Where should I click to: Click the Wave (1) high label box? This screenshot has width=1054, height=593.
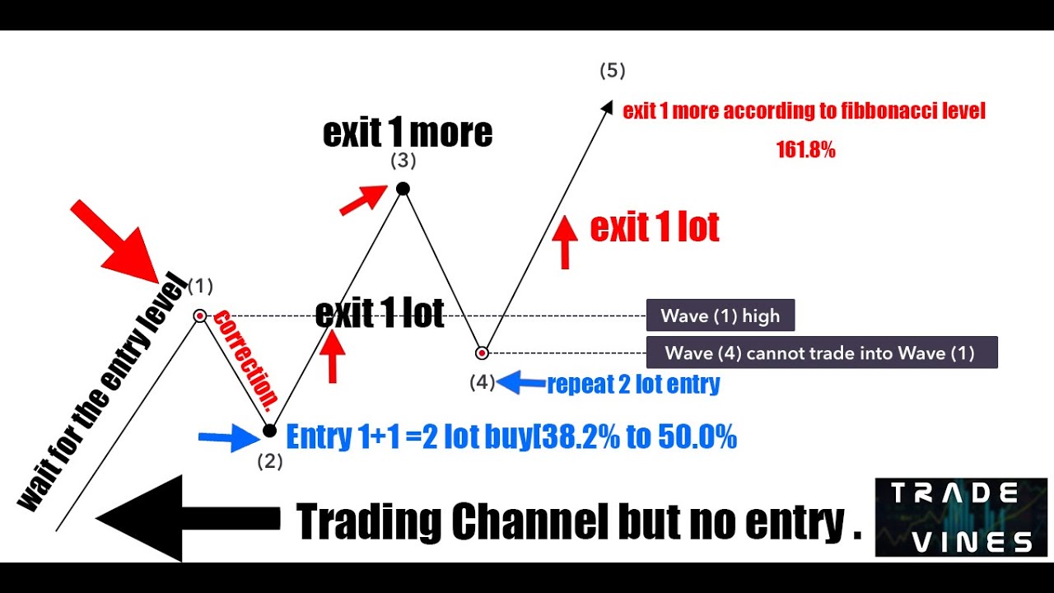coord(720,315)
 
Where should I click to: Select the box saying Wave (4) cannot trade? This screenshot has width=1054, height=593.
coord(820,353)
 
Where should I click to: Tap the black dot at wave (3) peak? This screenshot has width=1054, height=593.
coord(403,189)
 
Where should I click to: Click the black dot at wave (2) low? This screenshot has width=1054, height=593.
coord(269,431)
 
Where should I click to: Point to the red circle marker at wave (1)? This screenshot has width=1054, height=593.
coord(200,315)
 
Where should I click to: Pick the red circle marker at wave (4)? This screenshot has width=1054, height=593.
coord(483,353)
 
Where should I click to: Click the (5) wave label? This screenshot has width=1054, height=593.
coord(612,71)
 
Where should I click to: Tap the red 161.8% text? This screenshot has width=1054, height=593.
coord(805,150)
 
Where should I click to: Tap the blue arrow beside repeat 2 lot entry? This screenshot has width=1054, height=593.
coord(521,382)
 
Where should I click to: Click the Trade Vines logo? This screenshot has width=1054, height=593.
coord(960,516)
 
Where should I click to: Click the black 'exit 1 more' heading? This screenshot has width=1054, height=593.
coord(407,133)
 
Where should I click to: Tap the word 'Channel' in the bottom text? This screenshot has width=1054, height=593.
coord(528,521)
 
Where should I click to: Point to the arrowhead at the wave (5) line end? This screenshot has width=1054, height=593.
coord(609,106)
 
